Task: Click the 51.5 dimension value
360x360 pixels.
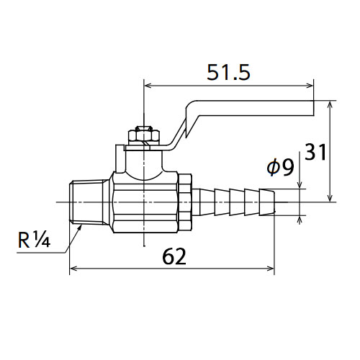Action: click(228, 72)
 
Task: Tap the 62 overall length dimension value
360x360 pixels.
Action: click(174, 256)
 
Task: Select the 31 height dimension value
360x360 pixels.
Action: click(315, 152)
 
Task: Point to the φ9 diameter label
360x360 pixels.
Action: click(280, 167)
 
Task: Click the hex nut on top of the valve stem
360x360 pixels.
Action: click(144, 136)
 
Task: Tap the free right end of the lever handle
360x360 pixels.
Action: click(313, 108)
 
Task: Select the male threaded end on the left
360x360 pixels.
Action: click(88, 202)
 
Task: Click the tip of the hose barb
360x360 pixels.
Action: click(274, 202)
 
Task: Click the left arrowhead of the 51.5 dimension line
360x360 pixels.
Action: click(147, 86)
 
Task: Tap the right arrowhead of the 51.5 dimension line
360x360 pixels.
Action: click(310, 86)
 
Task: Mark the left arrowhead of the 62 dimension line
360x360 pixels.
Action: click(73, 269)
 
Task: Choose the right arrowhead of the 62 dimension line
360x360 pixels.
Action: click(271, 269)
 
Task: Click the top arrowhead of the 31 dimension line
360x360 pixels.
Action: click(330, 104)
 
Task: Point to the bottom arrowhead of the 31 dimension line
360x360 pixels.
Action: click(330, 198)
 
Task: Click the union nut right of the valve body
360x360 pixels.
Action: click(185, 202)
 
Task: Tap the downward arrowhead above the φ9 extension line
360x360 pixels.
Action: click(300, 185)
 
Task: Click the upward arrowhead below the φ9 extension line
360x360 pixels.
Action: click(300, 220)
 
